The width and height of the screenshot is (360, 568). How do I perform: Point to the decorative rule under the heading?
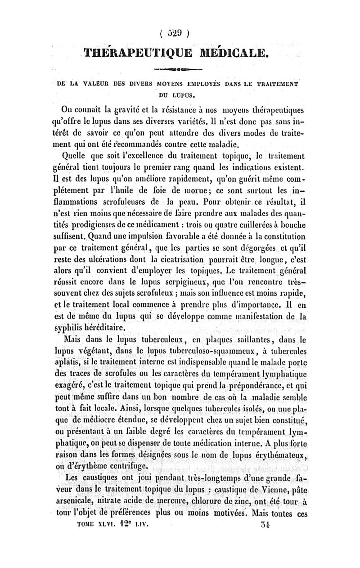[180, 70]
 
